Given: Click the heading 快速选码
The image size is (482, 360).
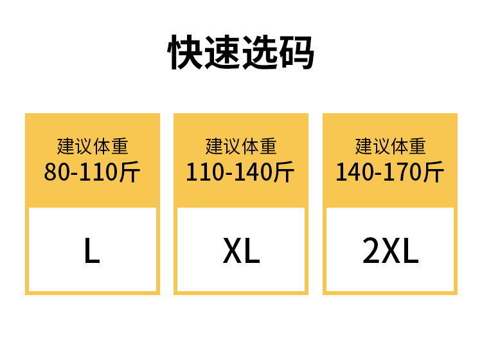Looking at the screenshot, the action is [241, 53].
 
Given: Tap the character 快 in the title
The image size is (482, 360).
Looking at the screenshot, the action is [186, 53].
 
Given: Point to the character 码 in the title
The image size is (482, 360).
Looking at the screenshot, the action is [296, 53].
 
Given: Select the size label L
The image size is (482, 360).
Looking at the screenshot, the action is [92, 252].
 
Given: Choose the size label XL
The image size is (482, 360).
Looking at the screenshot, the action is [241, 252].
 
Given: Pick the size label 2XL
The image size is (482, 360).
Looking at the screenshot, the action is [390, 252].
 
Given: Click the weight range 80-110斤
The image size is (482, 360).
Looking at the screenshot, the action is [92, 172].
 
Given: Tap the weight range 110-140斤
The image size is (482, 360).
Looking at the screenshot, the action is [241, 172].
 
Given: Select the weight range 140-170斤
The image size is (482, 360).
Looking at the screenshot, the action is [390, 172].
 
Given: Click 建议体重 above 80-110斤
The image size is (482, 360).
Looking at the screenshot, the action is [92, 147].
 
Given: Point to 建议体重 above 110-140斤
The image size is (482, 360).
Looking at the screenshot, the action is [241, 147].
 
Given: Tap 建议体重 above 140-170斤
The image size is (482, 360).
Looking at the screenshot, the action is [390, 147].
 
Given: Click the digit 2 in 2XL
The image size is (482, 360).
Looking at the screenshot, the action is [371, 252].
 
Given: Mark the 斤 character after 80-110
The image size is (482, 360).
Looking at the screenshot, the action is [130, 172].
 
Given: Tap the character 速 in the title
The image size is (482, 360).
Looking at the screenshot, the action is [223, 53].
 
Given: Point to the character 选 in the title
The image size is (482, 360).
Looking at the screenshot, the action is [260, 53].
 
